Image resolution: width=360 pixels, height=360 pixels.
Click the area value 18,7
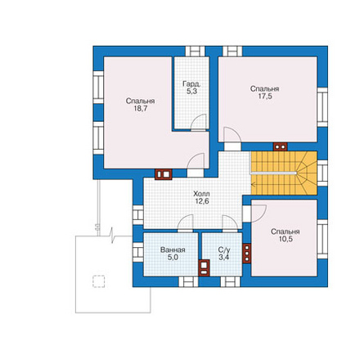140,109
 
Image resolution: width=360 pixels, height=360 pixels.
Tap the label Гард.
191,83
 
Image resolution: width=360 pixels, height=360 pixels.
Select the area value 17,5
265,97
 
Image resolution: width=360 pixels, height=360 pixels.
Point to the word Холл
201,194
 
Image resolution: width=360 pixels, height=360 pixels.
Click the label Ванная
173,250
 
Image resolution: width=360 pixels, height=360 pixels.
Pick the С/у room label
224,250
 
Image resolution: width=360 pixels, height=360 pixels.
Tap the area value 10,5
285,239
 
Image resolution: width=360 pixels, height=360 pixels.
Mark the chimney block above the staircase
281,146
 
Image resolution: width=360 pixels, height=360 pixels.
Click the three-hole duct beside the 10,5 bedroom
246,253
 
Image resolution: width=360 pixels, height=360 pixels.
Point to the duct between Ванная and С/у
204,268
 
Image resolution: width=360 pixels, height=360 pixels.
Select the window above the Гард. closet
196,52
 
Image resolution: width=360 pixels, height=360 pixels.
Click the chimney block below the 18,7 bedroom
164,174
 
